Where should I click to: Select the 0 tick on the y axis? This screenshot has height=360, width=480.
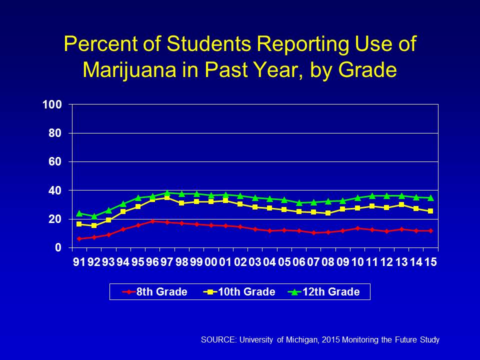[x=59, y=248]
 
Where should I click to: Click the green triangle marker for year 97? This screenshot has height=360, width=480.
[x=167, y=193]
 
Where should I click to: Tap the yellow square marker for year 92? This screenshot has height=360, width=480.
[x=94, y=225]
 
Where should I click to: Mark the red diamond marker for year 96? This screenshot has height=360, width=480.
[x=152, y=221]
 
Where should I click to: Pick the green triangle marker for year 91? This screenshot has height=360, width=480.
[x=79, y=213]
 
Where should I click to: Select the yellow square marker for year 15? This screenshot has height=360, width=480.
[x=430, y=211]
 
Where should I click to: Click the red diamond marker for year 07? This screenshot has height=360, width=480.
[x=313, y=232]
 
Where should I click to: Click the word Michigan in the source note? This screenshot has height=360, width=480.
[x=290, y=340]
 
